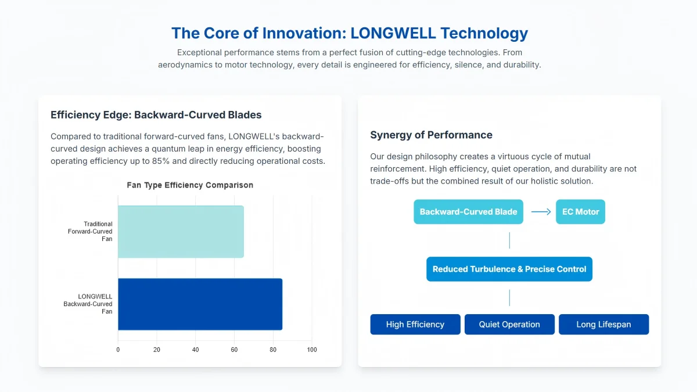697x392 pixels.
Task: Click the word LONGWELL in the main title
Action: click(393, 33)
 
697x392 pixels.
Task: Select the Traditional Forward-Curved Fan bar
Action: click(181, 232)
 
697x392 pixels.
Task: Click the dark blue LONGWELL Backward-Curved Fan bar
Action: click(200, 304)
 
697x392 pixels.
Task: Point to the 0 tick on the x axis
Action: click(118, 350)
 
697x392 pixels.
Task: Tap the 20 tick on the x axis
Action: click(156, 350)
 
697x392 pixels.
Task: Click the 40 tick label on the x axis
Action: click(195, 350)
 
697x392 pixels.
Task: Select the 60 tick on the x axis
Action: click(234, 350)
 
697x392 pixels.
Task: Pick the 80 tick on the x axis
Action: click(273, 350)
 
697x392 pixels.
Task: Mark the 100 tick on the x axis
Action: click(312, 350)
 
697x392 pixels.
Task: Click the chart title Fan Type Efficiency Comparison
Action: click(190, 185)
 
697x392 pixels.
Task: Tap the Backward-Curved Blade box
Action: click(468, 211)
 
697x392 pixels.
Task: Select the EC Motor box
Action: click(581, 211)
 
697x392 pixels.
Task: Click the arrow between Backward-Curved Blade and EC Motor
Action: click(541, 212)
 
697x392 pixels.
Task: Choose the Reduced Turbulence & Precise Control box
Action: click(509, 269)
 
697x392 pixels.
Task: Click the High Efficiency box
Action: click(415, 325)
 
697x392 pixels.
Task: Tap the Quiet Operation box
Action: click(510, 325)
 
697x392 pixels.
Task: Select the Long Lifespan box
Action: click(604, 325)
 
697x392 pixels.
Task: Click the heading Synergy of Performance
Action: click(431, 135)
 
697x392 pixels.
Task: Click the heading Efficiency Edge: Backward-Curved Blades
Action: click(156, 115)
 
